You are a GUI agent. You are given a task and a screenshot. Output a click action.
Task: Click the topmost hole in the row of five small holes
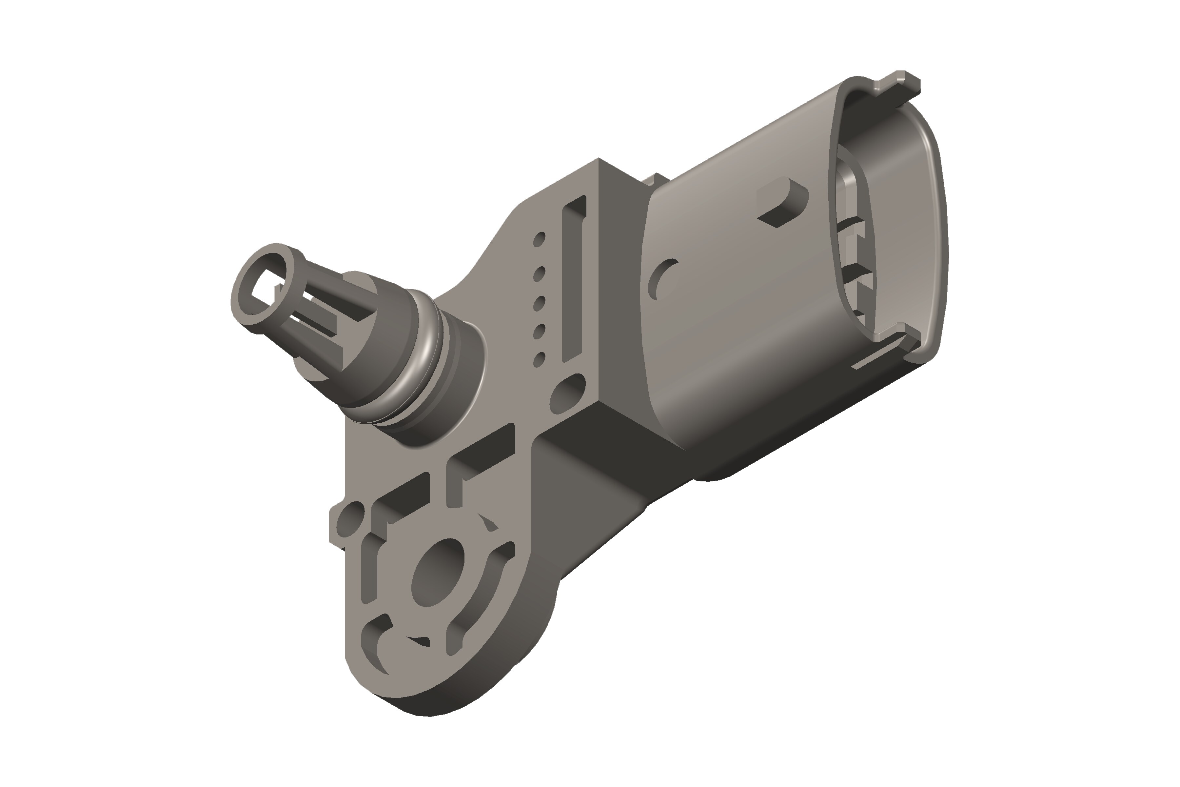point(539,239)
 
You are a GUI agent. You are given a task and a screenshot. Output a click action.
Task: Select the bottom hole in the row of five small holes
point(539,359)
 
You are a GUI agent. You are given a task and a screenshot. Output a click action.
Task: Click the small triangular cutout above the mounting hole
point(488,522)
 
